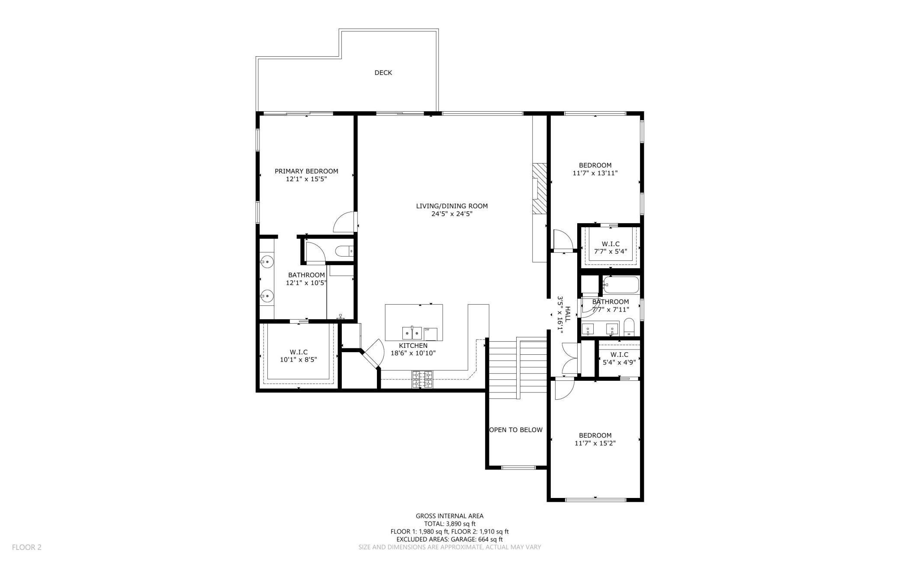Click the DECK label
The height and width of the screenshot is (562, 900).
click(383, 73)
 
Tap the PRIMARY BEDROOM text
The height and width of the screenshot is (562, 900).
click(306, 171)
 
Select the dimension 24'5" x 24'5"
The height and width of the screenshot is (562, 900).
click(452, 214)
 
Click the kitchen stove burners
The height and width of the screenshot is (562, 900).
click(422, 379)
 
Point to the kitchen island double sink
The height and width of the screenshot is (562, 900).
click(412, 333)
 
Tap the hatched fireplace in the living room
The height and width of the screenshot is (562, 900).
click(540, 188)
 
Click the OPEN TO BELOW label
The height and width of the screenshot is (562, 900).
click(516, 430)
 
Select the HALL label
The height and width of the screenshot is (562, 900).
click(568, 314)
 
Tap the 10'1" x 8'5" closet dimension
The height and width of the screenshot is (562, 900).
click(299, 360)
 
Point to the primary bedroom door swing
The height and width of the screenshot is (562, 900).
click(345, 222)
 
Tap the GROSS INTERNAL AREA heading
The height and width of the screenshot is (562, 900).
click(450, 516)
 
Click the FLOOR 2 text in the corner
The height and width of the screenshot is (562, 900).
click(27, 547)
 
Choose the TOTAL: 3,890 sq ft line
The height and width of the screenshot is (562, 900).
click(450, 523)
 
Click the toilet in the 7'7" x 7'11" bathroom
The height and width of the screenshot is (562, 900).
click(629, 328)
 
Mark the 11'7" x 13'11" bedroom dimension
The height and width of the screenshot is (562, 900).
click(595, 173)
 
